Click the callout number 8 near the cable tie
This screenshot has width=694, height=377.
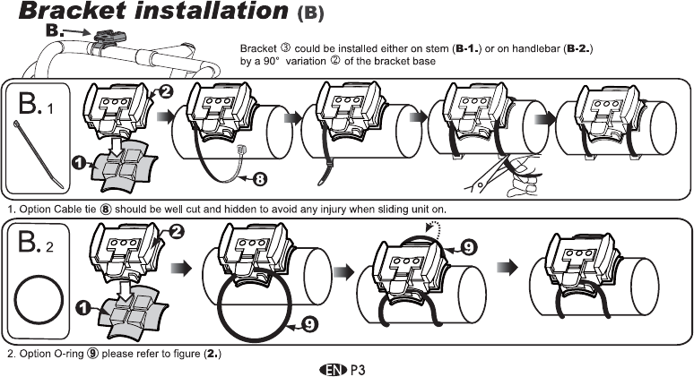(259, 179)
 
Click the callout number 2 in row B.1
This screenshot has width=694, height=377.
(166, 90)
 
